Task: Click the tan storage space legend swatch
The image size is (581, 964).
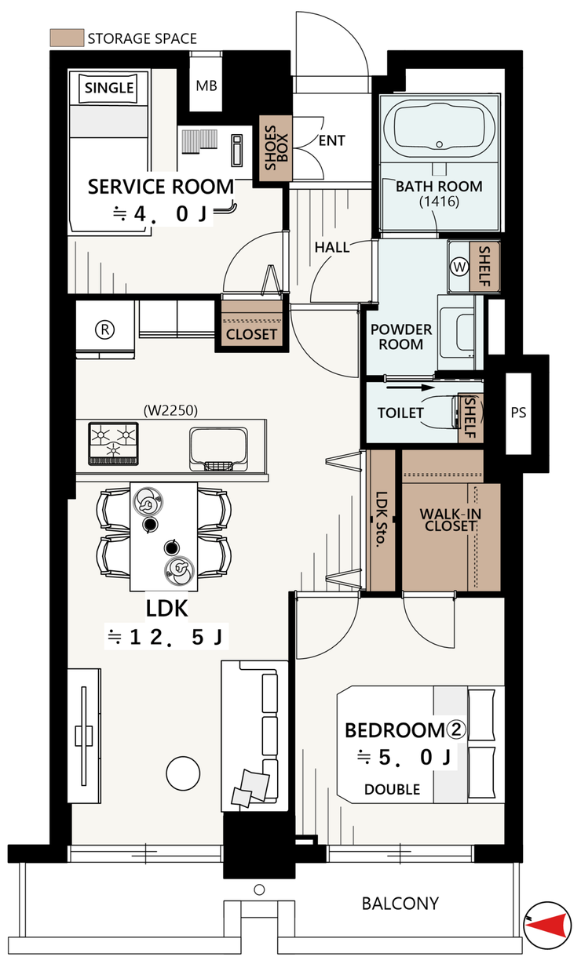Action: [67, 38]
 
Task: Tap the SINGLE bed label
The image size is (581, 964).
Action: [109, 88]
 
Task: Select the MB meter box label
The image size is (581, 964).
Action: [206, 86]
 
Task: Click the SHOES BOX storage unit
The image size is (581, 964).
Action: [276, 148]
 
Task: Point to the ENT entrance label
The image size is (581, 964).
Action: [331, 140]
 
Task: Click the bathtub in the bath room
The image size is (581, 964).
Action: [440, 127]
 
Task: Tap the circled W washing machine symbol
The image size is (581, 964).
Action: [459, 267]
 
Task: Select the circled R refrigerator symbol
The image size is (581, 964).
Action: [104, 329]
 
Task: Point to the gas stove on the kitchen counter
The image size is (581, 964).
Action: [113, 444]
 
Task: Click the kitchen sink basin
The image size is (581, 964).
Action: [218, 449]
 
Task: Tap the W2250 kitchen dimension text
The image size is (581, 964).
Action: [170, 410]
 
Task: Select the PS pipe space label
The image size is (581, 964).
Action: [518, 413]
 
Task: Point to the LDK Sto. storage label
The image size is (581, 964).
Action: [382, 519]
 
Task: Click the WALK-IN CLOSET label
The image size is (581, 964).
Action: [450, 520]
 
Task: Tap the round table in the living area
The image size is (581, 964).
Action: [183, 773]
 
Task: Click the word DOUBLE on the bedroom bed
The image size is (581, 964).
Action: [392, 790]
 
